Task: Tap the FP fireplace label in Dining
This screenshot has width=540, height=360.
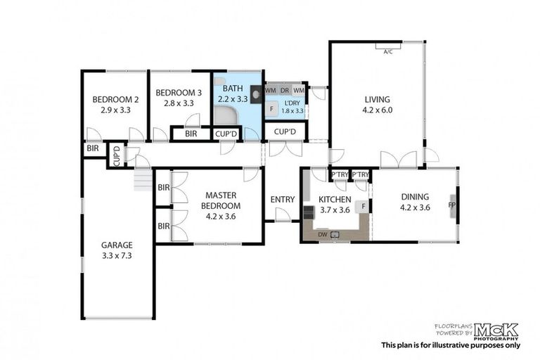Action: [452, 206]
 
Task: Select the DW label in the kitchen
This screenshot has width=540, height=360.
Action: [322, 234]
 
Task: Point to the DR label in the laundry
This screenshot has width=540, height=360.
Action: [285, 91]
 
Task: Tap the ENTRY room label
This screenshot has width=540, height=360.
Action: [283, 200]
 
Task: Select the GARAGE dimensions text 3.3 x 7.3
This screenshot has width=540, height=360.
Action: [117, 256]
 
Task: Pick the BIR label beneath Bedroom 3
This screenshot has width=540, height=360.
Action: [191, 134]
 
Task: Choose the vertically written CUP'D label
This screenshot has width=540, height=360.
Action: [116, 155]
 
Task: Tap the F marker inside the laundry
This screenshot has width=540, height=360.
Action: [271, 109]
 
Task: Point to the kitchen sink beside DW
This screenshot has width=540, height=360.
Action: [335, 234]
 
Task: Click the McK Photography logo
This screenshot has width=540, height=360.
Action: [496, 330]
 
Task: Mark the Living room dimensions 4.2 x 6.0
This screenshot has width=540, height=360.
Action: [377, 110]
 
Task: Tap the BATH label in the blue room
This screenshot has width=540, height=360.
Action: [233, 89]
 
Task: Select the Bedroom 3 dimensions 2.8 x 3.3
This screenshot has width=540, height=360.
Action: [179, 103]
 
